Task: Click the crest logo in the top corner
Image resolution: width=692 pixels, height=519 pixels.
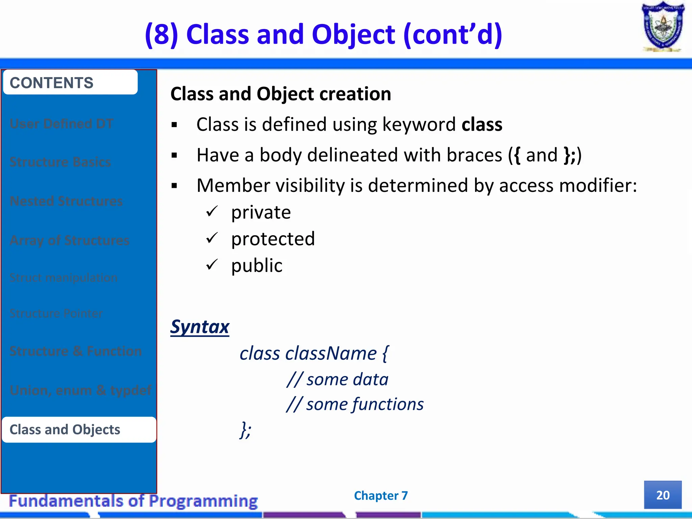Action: [663, 27]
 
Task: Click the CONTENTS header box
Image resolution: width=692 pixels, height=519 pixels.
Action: [70, 82]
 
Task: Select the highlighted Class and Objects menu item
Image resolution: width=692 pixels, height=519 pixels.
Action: [79, 429]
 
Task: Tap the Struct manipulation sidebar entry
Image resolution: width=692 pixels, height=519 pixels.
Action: [64, 278]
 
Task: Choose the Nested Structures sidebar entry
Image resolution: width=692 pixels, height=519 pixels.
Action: [66, 201]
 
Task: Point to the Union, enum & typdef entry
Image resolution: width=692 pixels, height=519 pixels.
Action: [80, 390]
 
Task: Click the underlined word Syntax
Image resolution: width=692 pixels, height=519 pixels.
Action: [200, 327]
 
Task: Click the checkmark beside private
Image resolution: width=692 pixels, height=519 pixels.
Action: [212, 212]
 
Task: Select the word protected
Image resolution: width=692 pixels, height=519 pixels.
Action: [273, 239]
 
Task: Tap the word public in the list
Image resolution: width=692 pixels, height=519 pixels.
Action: [257, 266]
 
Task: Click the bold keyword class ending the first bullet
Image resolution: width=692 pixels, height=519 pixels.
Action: [482, 124]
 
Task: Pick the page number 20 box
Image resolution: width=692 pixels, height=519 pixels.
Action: [662, 495]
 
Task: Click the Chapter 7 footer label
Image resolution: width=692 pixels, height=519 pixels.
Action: [381, 495]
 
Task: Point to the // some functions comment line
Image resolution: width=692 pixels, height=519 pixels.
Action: [355, 404]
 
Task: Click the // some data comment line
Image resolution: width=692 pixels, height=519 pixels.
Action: [337, 379]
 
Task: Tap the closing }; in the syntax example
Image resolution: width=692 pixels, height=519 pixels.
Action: [245, 430]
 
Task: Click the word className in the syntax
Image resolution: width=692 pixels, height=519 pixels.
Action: [331, 353]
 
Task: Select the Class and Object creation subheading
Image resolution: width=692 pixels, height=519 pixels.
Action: [280, 94]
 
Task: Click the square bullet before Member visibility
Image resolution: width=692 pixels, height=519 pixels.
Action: [174, 186]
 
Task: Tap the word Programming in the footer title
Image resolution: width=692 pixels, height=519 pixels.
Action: [203, 501]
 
